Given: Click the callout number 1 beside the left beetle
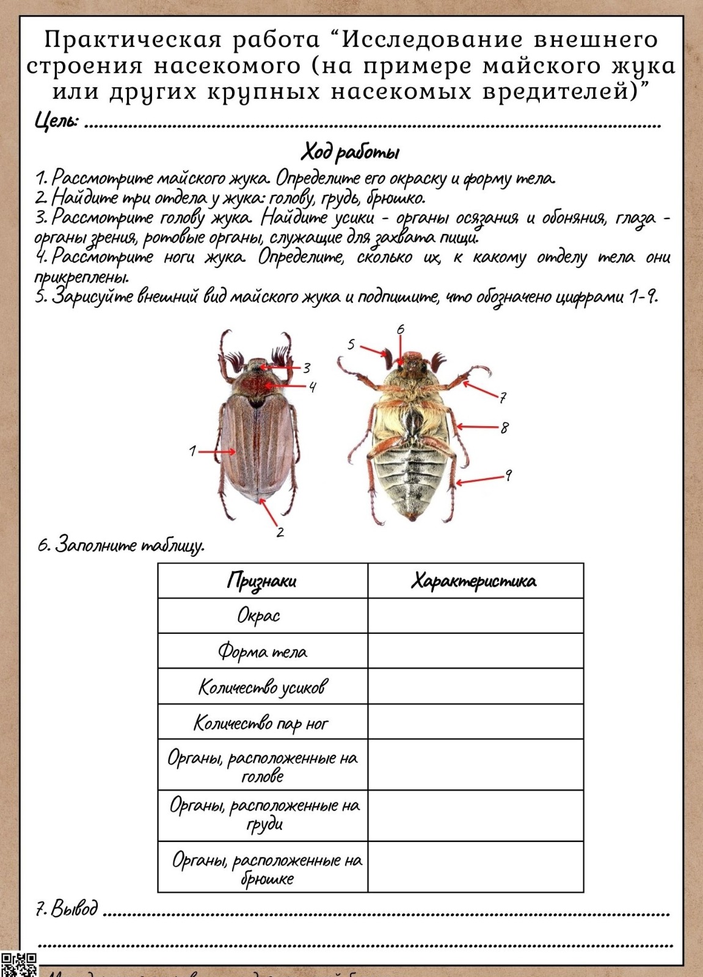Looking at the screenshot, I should coord(192,451).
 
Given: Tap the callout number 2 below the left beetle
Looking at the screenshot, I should coord(280,531).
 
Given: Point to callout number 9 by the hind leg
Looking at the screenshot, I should coord(508,475).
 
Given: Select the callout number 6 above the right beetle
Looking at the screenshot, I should coord(401,330).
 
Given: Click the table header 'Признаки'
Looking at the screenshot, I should coord(262,580).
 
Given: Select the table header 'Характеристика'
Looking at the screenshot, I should coord(475,580).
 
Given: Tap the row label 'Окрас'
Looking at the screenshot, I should coord(258,616).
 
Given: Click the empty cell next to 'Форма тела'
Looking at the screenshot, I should coord(475,651).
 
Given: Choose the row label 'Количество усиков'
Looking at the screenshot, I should coord(262,687).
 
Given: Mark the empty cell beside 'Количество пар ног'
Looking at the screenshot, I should coord(475,723).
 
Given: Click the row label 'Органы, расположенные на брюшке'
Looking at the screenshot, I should coord(266,868).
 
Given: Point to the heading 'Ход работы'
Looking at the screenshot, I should coord(351,151).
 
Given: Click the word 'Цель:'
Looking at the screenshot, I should coord(56,121).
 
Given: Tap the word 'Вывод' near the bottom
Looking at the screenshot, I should coord(73,909).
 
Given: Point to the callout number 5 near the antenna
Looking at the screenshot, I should coord(351,344).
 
